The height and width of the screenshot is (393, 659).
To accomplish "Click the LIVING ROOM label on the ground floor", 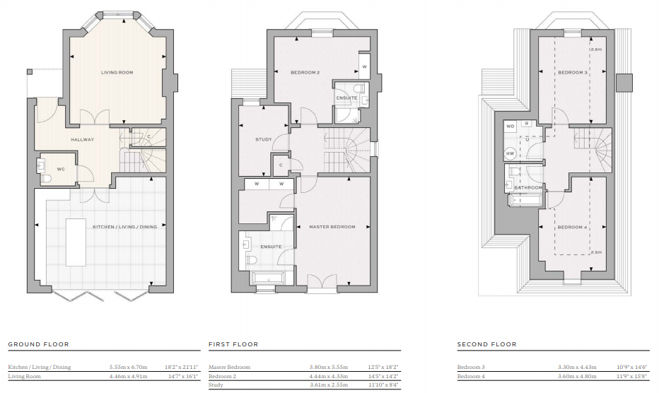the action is tap(117, 72).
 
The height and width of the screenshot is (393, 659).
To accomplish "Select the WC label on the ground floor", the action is tap(61, 170).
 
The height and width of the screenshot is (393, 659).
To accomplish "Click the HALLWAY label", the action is tap(82, 139).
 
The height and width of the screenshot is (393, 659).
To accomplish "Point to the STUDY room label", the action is tap(264, 139).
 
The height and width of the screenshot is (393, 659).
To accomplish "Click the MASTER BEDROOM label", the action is tap(332, 227).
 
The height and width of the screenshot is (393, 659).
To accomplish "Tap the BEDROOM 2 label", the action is tap(305, 72).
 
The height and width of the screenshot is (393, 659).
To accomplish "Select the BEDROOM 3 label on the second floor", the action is tap(573, 72).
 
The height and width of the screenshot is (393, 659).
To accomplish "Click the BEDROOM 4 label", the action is tap(572, 227).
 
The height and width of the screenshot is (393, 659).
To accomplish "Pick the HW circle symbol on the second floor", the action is tap(511, 154).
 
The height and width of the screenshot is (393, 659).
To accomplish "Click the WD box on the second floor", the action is tap(511, 127).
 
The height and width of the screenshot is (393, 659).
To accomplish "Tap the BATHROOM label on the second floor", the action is tap(528, 187).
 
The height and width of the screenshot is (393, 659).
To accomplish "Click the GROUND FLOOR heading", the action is tap(38, 344).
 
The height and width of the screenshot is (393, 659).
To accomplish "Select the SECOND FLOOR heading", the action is tap(486, 344).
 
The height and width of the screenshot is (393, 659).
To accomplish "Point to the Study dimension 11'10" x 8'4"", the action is tap(383, 385).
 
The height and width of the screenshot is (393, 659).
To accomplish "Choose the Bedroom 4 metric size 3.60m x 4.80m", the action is tap(577, 376).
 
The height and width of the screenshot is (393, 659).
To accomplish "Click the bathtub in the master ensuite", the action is tap(268, 278).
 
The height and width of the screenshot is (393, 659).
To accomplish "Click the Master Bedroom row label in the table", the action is tap(229, 367).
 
